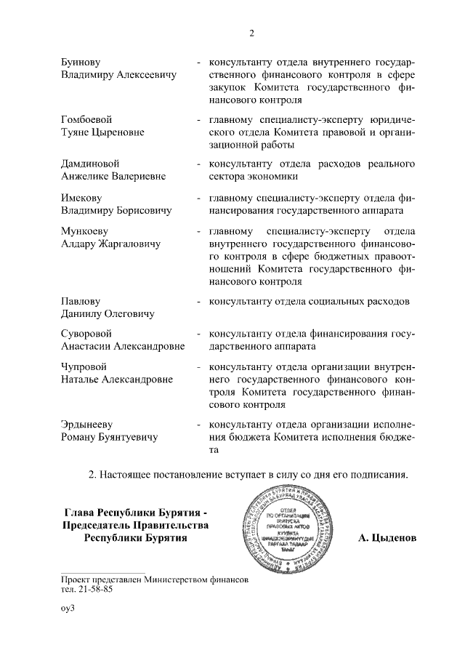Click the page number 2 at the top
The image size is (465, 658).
click(x=250, y=33)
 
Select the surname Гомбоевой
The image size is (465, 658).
click(x=86, y=119)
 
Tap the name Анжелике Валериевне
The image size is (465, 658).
click(x=113, y=176)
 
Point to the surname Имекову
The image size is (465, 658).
click(x=81, y=198)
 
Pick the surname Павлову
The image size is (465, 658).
click(x=81, y=301)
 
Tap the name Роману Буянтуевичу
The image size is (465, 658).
click(x=109, y=437)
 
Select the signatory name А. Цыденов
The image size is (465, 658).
click(x=387, y=539)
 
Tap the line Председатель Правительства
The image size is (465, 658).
click(x=136, y=525)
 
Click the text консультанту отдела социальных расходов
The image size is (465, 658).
click(x=309, y=301)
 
